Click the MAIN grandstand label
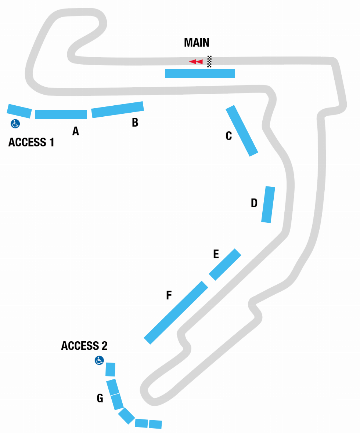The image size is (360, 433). point(197,43)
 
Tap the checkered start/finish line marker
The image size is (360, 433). point(209,61)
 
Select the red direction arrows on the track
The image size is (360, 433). point(196,62)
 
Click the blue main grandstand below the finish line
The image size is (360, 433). point(200,73)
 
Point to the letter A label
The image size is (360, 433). point(75,131)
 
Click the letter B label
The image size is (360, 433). point(135,123)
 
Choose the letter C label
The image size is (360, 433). point(228,136)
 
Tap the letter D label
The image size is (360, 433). point(254,203)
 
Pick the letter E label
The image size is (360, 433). point(216,254)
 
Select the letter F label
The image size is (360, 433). point(169,295)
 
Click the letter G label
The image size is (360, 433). point(100,398)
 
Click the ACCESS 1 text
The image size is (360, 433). point(31,142)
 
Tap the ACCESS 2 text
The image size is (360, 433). point(84,346)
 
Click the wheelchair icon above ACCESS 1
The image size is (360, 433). point(15,124)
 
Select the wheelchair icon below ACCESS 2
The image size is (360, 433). point(99,360)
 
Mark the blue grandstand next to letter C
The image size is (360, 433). point(242,131)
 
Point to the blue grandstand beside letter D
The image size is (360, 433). point(268,205)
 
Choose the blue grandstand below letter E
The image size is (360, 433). point(225,265)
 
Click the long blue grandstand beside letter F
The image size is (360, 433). point(176,313)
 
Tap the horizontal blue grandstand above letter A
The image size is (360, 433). point(61,114)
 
